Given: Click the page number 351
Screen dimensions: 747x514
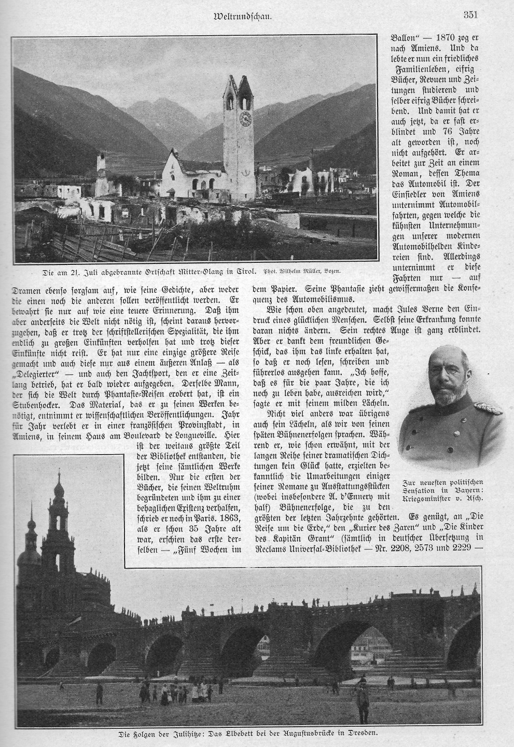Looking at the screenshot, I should (470, 15).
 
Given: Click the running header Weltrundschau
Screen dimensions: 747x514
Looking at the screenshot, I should (243, 16).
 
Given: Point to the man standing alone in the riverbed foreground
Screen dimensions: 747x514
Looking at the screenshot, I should (363, 700).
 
